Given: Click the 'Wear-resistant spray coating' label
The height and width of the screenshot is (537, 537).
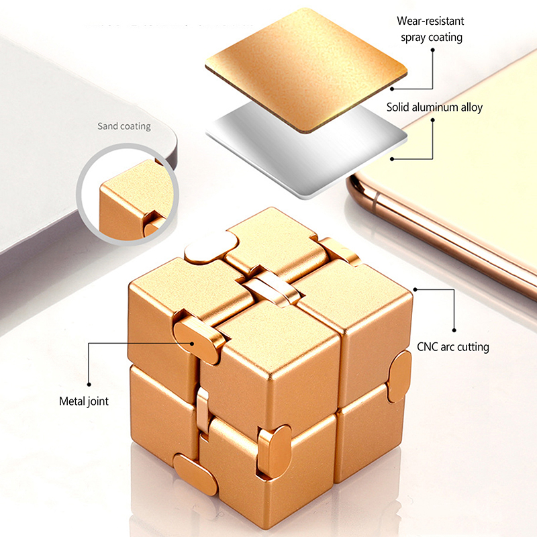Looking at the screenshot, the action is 431,29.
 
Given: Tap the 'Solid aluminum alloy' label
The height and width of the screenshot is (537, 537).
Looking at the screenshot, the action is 434,107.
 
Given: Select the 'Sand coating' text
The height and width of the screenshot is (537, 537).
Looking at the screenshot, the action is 124,126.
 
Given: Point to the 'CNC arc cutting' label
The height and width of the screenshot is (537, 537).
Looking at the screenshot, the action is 452,347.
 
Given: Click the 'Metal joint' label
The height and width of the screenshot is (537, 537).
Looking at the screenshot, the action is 84,401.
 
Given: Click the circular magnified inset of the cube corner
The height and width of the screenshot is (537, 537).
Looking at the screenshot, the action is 128,194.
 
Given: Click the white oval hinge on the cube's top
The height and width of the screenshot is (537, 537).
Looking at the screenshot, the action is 211,247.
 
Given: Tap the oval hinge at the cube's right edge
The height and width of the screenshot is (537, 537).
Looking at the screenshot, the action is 399,377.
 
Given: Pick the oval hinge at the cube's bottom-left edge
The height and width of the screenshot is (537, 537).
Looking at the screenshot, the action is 195,475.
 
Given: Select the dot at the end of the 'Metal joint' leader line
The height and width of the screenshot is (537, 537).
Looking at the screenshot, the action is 89,384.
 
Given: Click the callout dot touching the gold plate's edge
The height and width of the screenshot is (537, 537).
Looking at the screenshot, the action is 392,89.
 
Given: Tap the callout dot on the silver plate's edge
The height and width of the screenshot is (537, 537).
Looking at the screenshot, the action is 392,159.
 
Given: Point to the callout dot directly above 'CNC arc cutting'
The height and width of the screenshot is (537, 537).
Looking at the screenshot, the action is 454,330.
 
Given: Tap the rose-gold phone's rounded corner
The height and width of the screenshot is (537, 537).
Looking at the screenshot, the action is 356,187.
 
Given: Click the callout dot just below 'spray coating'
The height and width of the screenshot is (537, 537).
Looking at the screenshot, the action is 432,50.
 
